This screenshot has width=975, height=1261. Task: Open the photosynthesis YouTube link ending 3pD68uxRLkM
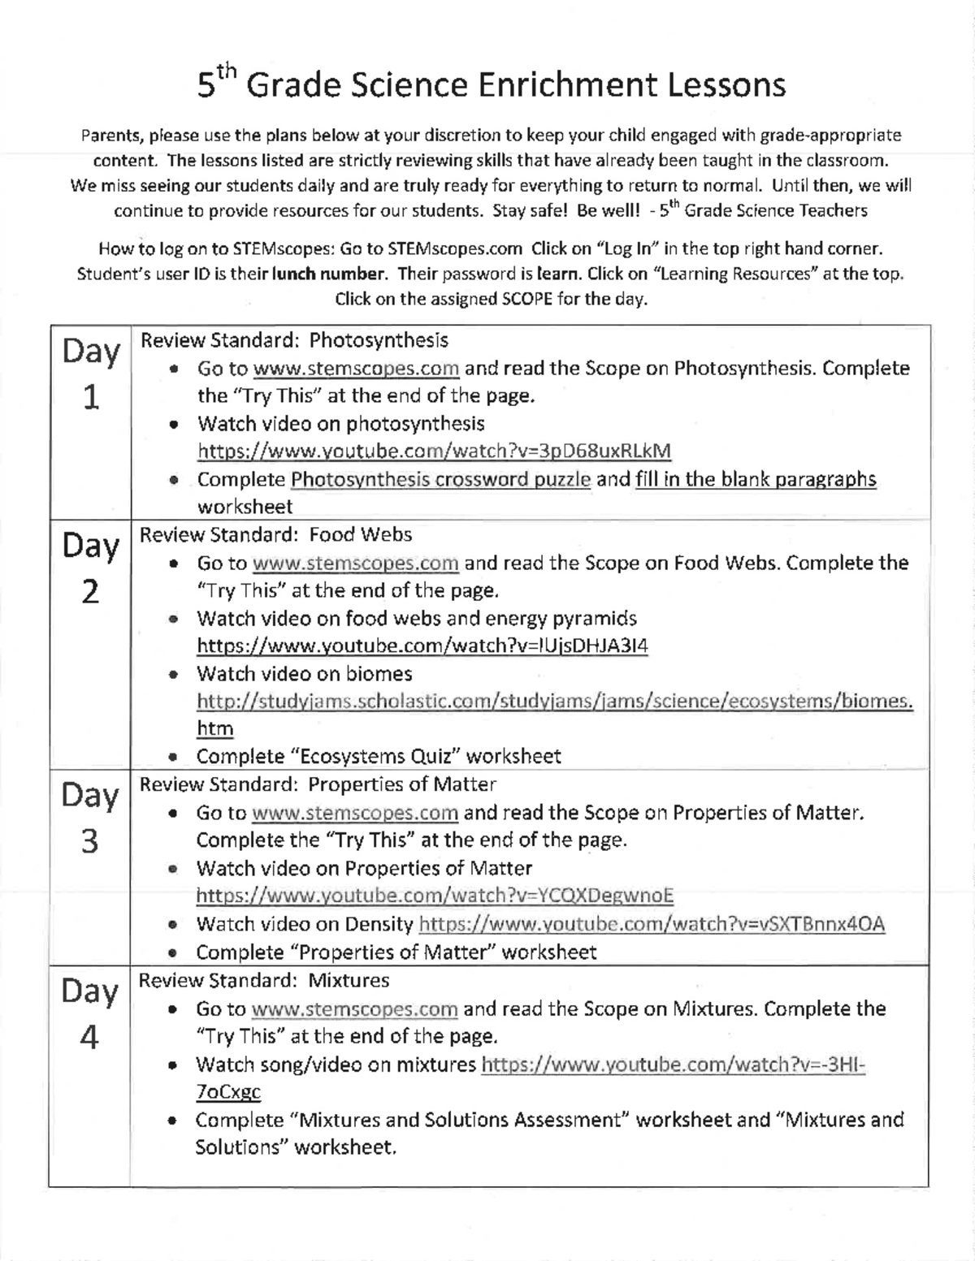(435, 451)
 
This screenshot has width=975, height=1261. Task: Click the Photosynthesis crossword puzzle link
(440, 479)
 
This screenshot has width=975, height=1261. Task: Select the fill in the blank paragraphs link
(756, 479)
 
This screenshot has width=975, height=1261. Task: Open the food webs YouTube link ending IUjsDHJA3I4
(422, 646)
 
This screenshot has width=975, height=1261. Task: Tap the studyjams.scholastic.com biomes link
(554, 702)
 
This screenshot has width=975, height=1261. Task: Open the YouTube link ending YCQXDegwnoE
(435, 896)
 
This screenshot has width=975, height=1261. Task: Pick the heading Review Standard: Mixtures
(264, 980)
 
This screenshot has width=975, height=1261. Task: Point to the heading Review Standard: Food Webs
(276, 534)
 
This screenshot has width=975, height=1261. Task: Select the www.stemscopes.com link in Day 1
(357, 369)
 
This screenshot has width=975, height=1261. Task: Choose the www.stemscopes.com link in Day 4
(355, 1009)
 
